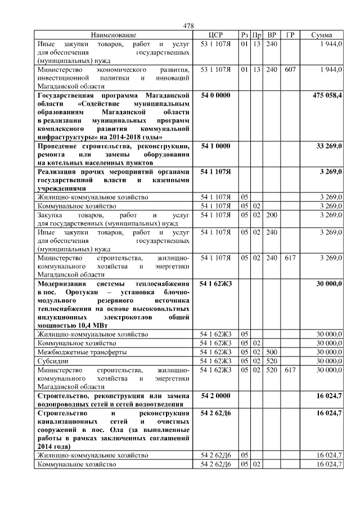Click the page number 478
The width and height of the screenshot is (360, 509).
click(x=188, y=26)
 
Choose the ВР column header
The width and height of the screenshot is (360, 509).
click(x=272, y=35)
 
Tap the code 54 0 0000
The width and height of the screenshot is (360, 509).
click(x=216, y=96)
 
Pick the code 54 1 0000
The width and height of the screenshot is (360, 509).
click(x=216, y=146)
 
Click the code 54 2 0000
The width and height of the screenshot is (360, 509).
click(x=216, y=397)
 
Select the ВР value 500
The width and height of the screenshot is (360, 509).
click(x=272, y=352)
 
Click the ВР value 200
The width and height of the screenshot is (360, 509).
click(x=272, y=215)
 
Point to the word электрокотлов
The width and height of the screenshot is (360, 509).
click(x=133, y=317)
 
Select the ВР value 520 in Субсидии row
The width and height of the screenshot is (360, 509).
click(x=272, y=361)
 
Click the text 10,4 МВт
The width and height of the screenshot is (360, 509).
click(x=91, y=325)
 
